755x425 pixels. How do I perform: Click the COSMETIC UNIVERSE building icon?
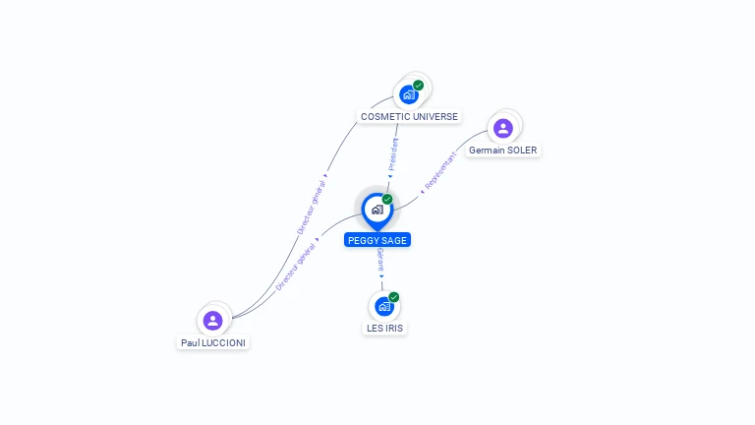click(408, 94)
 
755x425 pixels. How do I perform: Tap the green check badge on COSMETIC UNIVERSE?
click(419, 86)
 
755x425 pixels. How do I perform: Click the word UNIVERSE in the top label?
click(434, 117)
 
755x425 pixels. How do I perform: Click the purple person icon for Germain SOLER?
click(503, 127)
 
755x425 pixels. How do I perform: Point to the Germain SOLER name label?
click(503, 151)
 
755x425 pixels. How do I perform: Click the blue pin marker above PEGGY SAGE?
click(377, 210)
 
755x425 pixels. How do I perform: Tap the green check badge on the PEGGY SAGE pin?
click(387, 200)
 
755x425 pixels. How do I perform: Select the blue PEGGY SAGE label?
click(377, 240)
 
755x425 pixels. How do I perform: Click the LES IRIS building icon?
click(383, 306)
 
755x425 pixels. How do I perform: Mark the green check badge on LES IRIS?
click(394, 297)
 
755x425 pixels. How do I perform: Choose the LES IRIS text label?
click(384, 328)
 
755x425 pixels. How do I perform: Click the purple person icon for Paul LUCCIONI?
click(213, 320)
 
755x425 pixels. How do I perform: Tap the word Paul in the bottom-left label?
click(191, 343)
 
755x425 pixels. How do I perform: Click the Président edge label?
click(394, 155)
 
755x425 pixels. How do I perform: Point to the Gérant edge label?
click(380, 261)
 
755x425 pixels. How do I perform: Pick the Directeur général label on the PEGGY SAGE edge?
click(295, 266)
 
